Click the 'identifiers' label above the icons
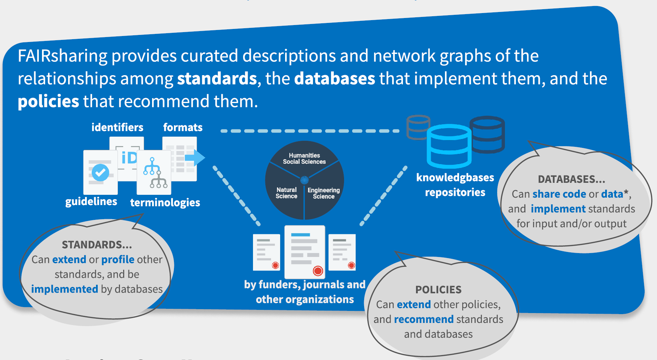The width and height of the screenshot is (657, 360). point(117,127)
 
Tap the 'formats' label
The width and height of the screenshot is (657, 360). point(183,127)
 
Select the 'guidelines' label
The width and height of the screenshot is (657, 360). point(91,202)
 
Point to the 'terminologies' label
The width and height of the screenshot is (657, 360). point(165,203)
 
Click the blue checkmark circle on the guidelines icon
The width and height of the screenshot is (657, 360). point(100,173)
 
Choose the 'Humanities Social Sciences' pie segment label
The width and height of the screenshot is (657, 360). point(304,158)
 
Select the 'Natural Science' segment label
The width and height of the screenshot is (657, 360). point(286,193)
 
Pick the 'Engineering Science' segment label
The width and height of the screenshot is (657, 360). point(324,193)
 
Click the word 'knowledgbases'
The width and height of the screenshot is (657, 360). point(455,178)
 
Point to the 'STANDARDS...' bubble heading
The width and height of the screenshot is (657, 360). point(97,245)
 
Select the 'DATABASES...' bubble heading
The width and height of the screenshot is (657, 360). point(571,179)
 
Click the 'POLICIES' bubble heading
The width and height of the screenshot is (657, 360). point(438,290)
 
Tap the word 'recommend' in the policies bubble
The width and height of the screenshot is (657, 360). point(424,319)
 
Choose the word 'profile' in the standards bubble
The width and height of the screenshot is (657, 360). point(118,259)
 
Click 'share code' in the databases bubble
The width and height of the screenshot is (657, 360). point(559,194)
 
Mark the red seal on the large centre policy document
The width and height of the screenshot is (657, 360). point(318,271)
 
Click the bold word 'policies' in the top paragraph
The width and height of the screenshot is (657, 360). point(48,102)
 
